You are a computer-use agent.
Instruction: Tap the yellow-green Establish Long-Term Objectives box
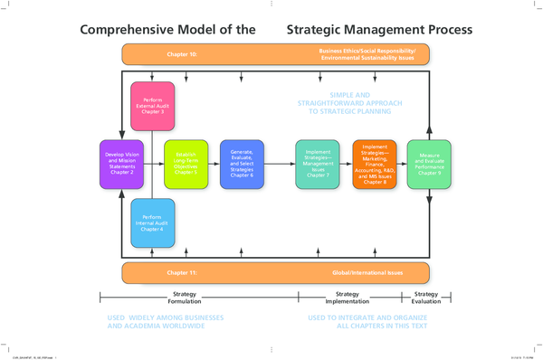tap(186, 164)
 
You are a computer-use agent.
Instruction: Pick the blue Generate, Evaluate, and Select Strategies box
tap(242, 164)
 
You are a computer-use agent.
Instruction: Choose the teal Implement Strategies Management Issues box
tap(317, 164)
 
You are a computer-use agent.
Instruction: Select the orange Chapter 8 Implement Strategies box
tap(374, 164)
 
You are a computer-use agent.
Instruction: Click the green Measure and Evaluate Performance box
tap(428, 164)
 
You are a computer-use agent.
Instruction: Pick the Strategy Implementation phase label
tap(347, 298)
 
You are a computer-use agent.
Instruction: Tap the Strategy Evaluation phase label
tap(425, 298)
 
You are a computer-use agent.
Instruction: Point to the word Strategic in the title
tap(318, 29)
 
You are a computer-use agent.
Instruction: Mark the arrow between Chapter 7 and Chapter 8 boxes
tap(347, 164)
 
